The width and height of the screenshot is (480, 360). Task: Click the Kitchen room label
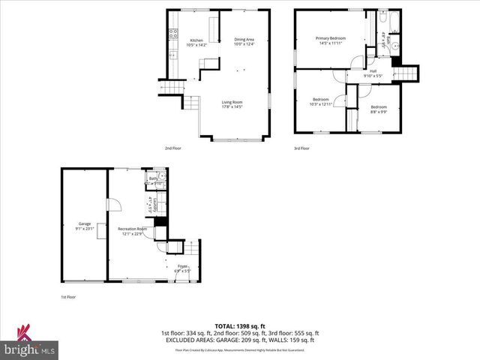pyautogui.click(x=196, y=41)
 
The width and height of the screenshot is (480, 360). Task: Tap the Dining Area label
pyautogui.click(x=244, y=40)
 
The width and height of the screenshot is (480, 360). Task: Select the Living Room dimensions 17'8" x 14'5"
pyautogui.click(x=232, y=106)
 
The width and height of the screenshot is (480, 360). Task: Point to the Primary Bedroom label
pyautogui.click(x=330, y=38)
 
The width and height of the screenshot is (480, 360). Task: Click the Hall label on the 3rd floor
pyautogui.click(x=373, y=71)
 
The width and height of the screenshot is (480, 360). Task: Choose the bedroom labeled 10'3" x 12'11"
pyautogui.click(x=321, y=103)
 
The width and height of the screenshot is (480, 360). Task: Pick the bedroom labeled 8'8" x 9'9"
pyautogui.click(x=378, y=111)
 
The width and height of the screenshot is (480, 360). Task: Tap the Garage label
pyautogui.click(x=84, y=223)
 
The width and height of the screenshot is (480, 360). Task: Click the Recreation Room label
pyautogui.click(x=130, y=228)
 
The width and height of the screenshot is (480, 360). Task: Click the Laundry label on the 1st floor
pyautogui.click(x=150, y=203)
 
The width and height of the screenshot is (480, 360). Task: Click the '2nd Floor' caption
pyautogui.click(x=173, y=148)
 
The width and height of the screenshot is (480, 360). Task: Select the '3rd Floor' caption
pyautogui.click(x=301, y=148)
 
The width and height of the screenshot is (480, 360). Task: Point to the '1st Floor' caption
pyautogui.click(x=68, y=297)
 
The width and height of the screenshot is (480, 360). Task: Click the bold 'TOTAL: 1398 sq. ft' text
pyautogui.click(x=239, y=326)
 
